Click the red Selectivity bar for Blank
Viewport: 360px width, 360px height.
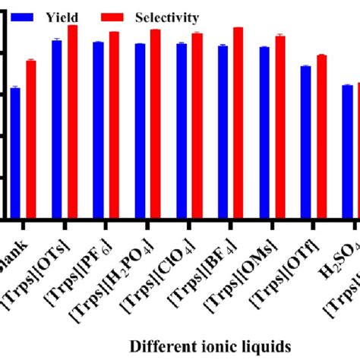click(x=31, y=141)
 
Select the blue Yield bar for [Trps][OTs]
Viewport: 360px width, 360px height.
click(x=57, y=130)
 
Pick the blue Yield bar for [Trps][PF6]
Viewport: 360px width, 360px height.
click(x=98, y=131)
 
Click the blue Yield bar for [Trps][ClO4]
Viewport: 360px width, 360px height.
click(x=182, y=132)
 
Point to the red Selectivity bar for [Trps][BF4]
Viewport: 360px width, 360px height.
click(x=238, y=124)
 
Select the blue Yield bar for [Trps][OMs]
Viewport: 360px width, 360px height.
click(x=264, y=134)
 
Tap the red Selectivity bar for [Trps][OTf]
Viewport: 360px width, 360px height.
click(x=321, y=137)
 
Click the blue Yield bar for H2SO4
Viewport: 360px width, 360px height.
click(x=347, y=153)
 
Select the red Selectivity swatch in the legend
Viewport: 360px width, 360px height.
click(x=114, y=17)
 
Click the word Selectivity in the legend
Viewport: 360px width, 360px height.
click(x=167, y=17)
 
